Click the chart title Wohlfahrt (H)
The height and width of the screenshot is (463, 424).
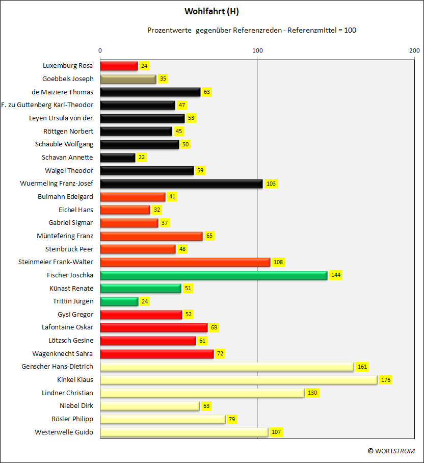211,12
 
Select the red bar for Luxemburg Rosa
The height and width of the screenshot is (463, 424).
119,66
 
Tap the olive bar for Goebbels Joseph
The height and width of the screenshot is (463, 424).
128,79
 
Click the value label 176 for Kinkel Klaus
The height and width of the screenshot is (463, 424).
386,380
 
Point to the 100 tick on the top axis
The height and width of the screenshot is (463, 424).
257,50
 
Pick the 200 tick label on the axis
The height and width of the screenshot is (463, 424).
414,50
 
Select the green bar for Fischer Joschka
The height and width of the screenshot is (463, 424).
214,275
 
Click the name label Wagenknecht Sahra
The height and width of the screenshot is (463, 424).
62,353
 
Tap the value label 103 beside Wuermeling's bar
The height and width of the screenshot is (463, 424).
271,184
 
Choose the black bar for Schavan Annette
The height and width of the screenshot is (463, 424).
118,158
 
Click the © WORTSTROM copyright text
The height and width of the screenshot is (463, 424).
391,451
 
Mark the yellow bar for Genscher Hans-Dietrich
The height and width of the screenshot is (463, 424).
227,367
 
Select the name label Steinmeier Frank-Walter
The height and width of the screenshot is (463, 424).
56,262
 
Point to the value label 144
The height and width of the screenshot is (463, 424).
336,275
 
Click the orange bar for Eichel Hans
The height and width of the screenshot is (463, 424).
125,210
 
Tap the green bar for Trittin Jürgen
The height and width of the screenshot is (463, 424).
119,301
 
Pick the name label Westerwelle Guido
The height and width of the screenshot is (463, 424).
64,432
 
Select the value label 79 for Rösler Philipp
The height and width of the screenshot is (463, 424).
232,419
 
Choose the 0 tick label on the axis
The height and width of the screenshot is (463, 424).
100,50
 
